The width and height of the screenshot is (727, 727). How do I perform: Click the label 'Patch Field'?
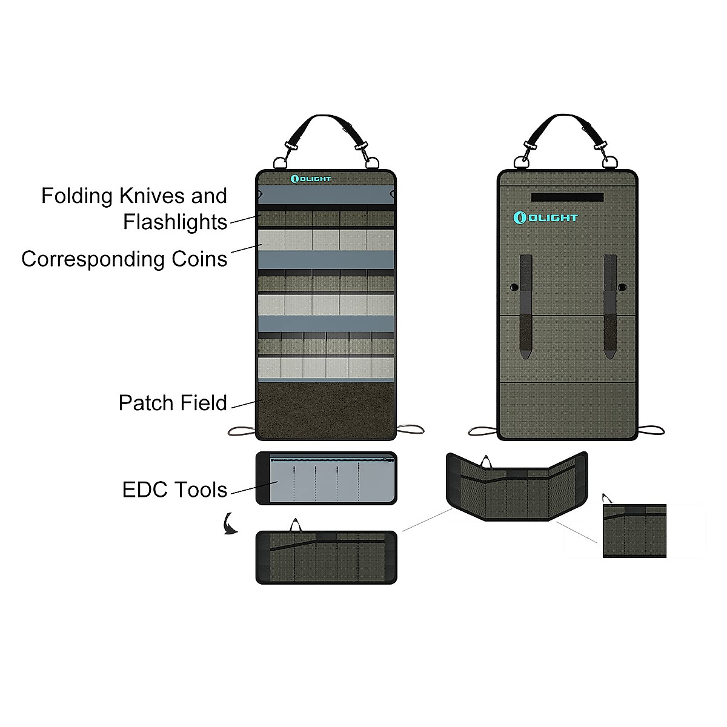point(173,403)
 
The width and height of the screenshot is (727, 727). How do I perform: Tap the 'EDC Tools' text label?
point(174,490)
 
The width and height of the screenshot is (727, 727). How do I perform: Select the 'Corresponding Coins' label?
point(124,259)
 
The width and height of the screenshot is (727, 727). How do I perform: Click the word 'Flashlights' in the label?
point(175,222)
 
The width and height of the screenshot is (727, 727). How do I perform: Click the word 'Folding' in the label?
point(77,196)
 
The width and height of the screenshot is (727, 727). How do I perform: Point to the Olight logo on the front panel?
point(311,179)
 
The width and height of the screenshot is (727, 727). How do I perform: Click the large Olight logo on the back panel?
point(545,217)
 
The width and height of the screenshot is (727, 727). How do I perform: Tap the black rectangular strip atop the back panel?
point(567,198)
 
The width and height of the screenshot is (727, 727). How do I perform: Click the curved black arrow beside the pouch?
point(229,523)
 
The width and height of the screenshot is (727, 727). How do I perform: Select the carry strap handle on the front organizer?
point(325,123)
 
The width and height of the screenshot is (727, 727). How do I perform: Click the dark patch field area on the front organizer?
point(326,409)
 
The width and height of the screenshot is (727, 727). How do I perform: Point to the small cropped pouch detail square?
point(634,531)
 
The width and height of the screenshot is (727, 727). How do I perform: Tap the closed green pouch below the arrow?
point(326,557)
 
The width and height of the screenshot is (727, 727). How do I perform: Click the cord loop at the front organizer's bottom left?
point(242,431)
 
